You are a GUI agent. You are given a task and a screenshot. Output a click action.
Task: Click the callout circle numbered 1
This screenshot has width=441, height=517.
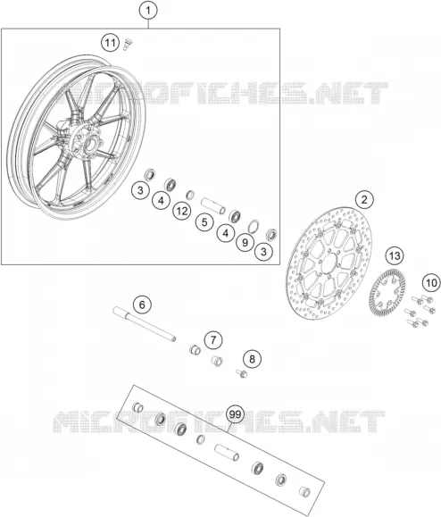point(148,11)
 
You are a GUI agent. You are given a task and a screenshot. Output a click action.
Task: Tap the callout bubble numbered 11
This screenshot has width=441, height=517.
point(111,43)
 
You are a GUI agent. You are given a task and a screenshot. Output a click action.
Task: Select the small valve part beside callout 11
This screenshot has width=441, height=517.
point(126,44)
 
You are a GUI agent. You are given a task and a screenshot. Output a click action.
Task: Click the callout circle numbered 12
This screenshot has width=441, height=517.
point(181,211)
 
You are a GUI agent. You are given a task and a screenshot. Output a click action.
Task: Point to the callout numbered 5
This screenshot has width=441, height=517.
point(204,222)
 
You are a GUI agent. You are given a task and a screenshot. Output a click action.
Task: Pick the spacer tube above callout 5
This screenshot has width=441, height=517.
point(213,205)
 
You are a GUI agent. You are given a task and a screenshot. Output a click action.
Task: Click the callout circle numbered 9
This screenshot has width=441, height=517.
point(245,242)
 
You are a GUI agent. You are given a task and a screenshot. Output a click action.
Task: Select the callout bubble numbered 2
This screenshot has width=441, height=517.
point(364,199)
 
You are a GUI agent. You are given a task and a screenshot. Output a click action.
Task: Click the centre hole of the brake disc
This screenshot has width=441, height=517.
point(329,262)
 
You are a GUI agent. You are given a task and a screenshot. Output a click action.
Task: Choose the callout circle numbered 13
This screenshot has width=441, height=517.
point(395,255)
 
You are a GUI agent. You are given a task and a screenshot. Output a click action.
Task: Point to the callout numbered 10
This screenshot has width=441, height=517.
point(431,282)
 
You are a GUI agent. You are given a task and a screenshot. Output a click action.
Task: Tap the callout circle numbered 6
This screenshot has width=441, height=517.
point(142,304)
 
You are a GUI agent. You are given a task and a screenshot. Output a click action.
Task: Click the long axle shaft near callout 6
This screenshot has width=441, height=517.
point(145,324)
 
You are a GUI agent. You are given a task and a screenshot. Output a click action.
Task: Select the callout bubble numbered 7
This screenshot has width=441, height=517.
point(213,339)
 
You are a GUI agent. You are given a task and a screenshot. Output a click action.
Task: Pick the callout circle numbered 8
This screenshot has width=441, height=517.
point(252,359)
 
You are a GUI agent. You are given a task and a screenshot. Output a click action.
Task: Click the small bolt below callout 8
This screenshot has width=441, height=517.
point(242,373)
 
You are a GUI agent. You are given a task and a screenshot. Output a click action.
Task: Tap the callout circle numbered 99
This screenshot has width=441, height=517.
point(235,414)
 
